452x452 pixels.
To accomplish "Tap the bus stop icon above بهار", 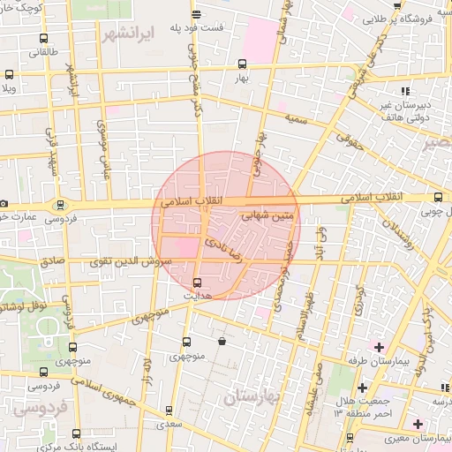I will pyautogui.click(x=242, y=64).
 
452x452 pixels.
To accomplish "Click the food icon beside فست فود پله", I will pyautogui.click(x=196, y=13).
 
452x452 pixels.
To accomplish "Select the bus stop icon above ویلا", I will pyautogui.click(x=9, y=75).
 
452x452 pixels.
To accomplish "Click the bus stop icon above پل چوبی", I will pyautogui.click(x=439, y=198).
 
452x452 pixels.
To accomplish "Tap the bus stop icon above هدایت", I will pyautogui.click(x=196, y=282).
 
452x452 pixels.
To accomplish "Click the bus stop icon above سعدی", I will pyautogui.click(x=171, y=410).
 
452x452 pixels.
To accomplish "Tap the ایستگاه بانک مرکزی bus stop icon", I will pyautogui.click(x=76, y=433).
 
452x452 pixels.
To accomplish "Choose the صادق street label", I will pyautogui.click(x=52, y=262).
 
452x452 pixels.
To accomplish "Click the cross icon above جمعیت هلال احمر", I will pyautogui.click(x=361, y=388).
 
